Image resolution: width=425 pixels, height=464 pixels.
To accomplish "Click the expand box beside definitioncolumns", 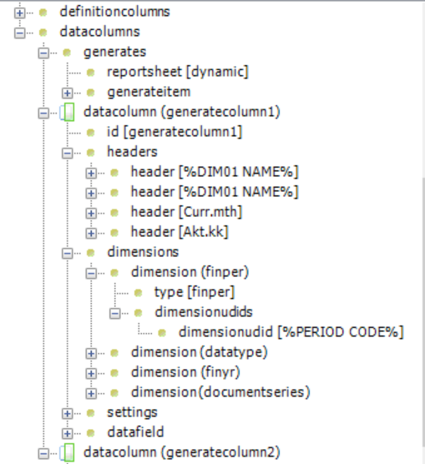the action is tap(19, 13).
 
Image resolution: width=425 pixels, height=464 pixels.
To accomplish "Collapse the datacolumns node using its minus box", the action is tap(19, 33).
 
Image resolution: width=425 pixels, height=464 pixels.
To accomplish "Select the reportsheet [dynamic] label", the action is tap(178, 72).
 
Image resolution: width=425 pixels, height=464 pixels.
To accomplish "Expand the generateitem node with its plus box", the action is tap(68, 93).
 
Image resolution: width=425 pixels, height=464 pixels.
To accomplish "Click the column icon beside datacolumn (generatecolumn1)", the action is tap(68, 113).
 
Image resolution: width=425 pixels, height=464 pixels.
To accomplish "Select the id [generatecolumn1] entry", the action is tap(175, 132).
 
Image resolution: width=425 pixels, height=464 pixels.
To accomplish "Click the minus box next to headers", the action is tap(68, 153).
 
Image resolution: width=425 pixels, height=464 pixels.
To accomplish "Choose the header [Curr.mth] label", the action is tap(186, 212).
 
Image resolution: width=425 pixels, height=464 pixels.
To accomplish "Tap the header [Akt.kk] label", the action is tap(180, 232).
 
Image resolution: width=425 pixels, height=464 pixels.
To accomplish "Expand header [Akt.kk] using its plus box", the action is tap(91, 233).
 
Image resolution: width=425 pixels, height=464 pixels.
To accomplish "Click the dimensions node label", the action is tap(143, 252).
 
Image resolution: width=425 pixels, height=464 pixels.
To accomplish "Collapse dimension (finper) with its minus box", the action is tap(91, 273).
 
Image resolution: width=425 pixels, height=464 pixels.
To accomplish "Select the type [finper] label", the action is tap(195, 292).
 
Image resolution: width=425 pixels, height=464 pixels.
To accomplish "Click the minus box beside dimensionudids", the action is tap(114, 314).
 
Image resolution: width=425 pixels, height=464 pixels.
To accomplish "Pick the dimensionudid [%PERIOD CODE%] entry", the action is tap(291, 332).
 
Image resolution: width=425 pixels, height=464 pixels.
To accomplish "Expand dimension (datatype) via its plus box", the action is tap(91, 353).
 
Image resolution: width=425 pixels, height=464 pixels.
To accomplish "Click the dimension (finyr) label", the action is tap(185, 372).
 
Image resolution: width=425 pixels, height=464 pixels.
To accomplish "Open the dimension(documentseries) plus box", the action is tap(91, 393).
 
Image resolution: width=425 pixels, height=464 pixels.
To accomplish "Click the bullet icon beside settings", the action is tap(91, 413).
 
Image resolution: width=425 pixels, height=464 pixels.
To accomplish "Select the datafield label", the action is tap(135, 432).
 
